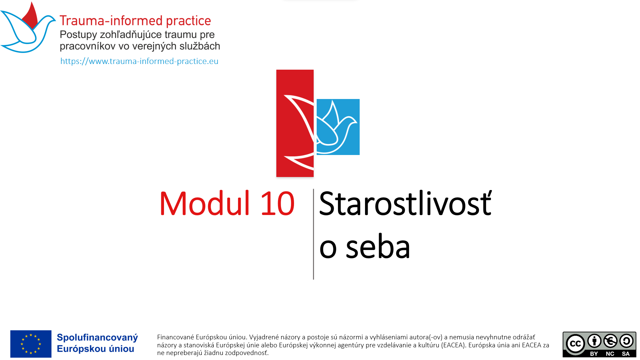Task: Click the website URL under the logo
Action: point(139,61)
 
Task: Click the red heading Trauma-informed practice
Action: point(135,21)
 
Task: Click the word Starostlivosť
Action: point(405,203)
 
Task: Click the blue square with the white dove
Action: point(338,127)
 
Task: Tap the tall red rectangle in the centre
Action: point(295,123)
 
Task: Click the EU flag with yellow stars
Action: point(31,344)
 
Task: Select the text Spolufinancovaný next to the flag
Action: point(97,338)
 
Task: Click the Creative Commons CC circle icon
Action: point(576,344)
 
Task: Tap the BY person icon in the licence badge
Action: point(594,341)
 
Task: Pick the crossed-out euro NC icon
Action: point(610,341)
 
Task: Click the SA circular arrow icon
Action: point(626,341)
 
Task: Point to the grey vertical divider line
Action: point(313,234)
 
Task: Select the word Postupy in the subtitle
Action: point(78,35)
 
